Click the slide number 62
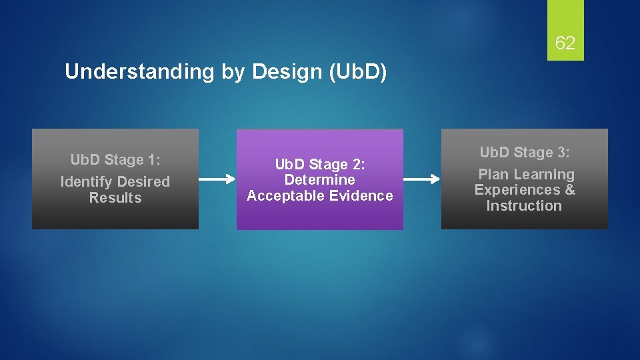pos(565,44)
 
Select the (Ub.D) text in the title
pos(357,72)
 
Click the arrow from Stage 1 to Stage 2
pos(217,179)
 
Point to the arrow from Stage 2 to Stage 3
pos(422,179)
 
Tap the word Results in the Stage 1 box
pos(115,197)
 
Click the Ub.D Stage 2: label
pos(320,164)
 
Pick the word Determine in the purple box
pos(320,179)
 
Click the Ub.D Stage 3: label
pos(525,153)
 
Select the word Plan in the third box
pos(493,175)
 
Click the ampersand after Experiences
pos(569,190)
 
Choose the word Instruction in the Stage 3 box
pos(524,205)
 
